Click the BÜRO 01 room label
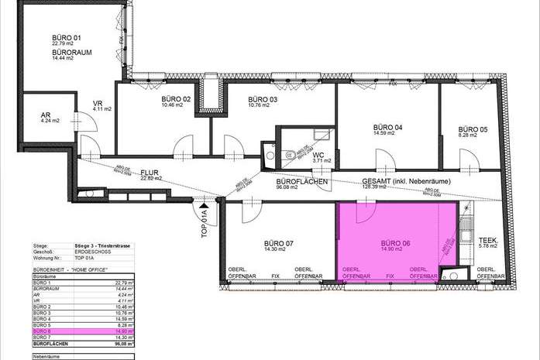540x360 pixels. click(x=67, y=37)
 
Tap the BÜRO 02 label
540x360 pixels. click(x=176, y=99)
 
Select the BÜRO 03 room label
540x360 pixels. click(x=263, y=100)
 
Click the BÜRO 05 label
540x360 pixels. click(x=472, y=129)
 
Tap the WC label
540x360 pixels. click(x=318, y=154)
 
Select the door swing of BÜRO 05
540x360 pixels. click(x=469, y=159)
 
